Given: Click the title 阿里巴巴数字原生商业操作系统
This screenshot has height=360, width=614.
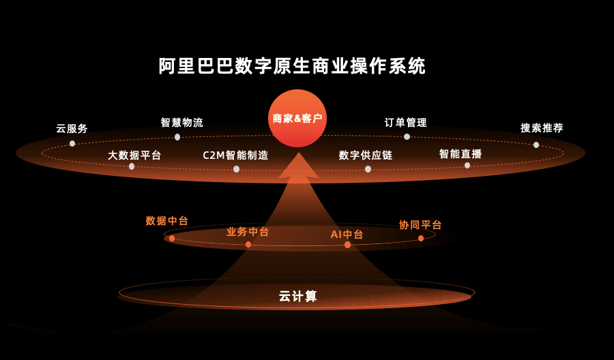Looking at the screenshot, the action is [x=292, y=66].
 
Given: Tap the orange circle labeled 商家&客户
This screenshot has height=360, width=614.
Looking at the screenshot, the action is [x=297, y=118].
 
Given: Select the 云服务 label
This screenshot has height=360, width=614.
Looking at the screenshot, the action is [x=72, y=128].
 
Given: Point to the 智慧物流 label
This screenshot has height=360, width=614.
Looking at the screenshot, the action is [x=182, y=123].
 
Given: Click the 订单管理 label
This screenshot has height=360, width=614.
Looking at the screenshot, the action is [x=406, y=123].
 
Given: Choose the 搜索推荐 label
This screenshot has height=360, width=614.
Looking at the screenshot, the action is [x=542, y=127].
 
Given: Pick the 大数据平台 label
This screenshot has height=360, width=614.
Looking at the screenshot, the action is [x=134, y=155].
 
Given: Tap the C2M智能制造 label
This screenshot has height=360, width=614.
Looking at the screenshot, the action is [x=236, y=155].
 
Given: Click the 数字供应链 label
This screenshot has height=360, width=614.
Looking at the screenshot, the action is [x=366, y=155].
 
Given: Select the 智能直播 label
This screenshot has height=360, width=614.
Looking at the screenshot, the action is [x=460, y=154].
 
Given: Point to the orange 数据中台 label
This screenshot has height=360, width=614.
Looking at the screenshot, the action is [x=167, y=221].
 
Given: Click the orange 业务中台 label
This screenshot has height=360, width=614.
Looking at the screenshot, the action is [x=248, y=232].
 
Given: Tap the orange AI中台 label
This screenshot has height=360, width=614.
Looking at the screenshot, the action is [x=347, y=235].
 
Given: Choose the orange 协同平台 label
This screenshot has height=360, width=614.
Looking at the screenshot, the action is [x=420, y=225].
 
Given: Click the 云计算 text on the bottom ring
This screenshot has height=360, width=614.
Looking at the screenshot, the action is [x=298, y=297].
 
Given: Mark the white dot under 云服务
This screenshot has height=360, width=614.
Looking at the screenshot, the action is [x=72, y=144].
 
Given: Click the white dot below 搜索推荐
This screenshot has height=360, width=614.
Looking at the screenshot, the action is [x=536, y=145].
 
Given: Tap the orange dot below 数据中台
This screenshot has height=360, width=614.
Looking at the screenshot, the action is [x=172, y=238].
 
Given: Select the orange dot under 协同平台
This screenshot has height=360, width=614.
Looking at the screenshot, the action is [x=421, y=238].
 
